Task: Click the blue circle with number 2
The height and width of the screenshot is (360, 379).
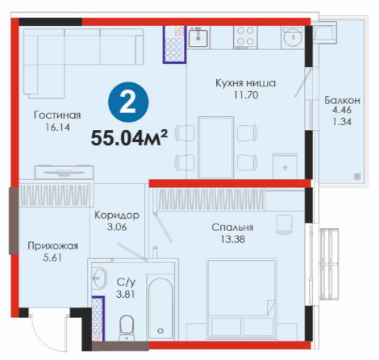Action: [x=128, y=102]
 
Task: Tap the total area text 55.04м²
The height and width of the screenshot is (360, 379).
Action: [x=129, y=138]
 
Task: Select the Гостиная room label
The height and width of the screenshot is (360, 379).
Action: [x=57, y=115]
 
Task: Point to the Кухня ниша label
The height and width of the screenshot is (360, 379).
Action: [x=245, y=83]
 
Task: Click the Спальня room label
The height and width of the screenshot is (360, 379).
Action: [x=232, y=228]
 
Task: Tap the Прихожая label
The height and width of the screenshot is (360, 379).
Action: [x=53, y=246]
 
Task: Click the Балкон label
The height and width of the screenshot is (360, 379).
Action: [x=342, y=100]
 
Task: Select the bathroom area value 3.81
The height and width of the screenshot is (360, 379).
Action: [x=125, y=294]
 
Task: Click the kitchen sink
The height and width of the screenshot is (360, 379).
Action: [x=198, y=38]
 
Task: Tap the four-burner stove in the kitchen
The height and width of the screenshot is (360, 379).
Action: [x=245, y=37]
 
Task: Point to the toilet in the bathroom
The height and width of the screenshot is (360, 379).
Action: [x=126, y=328]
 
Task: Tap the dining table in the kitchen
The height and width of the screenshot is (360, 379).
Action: [x=215, y=147]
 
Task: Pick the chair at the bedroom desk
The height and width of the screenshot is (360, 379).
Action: [x=284, y=224]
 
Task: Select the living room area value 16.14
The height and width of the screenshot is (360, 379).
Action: [x=57, y=128]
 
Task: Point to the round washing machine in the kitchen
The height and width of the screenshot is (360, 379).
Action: [x=293, y=37]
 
